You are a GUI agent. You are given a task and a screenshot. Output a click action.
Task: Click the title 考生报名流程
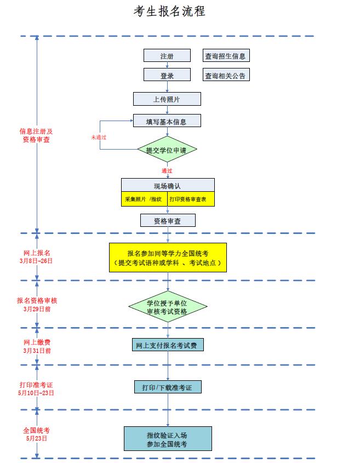(x=169, y=12)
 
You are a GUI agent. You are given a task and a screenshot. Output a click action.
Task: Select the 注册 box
(x=167, y=56)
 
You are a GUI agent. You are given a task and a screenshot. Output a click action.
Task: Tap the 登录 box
(x=167, y=76)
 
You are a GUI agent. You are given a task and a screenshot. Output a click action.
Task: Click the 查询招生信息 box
(x=225, y=56)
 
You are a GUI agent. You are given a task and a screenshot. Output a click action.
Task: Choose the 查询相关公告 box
(x=225, y=76)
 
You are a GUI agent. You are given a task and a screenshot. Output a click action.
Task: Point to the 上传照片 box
(x=167, y=99)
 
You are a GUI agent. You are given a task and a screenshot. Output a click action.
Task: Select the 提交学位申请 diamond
(x=167, y=150)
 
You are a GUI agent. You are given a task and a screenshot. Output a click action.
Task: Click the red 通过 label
(x=167, y=170)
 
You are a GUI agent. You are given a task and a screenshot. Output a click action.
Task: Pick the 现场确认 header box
(x=167, y=186)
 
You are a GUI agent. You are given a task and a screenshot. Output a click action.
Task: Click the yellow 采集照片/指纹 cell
(x=144, y=199)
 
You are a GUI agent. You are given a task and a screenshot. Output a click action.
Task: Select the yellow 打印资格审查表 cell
(x=191, y=199)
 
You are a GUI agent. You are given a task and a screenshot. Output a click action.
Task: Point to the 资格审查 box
(x=167, y=221)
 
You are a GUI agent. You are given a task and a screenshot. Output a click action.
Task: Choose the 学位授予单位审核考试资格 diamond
(x=168, y=307)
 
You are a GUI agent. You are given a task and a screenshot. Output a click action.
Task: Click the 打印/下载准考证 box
(x=168, y=387)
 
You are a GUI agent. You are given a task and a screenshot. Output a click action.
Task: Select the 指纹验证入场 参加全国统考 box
(x=168, y=439)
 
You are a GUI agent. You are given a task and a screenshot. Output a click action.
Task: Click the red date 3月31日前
(x=37, y=350)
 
